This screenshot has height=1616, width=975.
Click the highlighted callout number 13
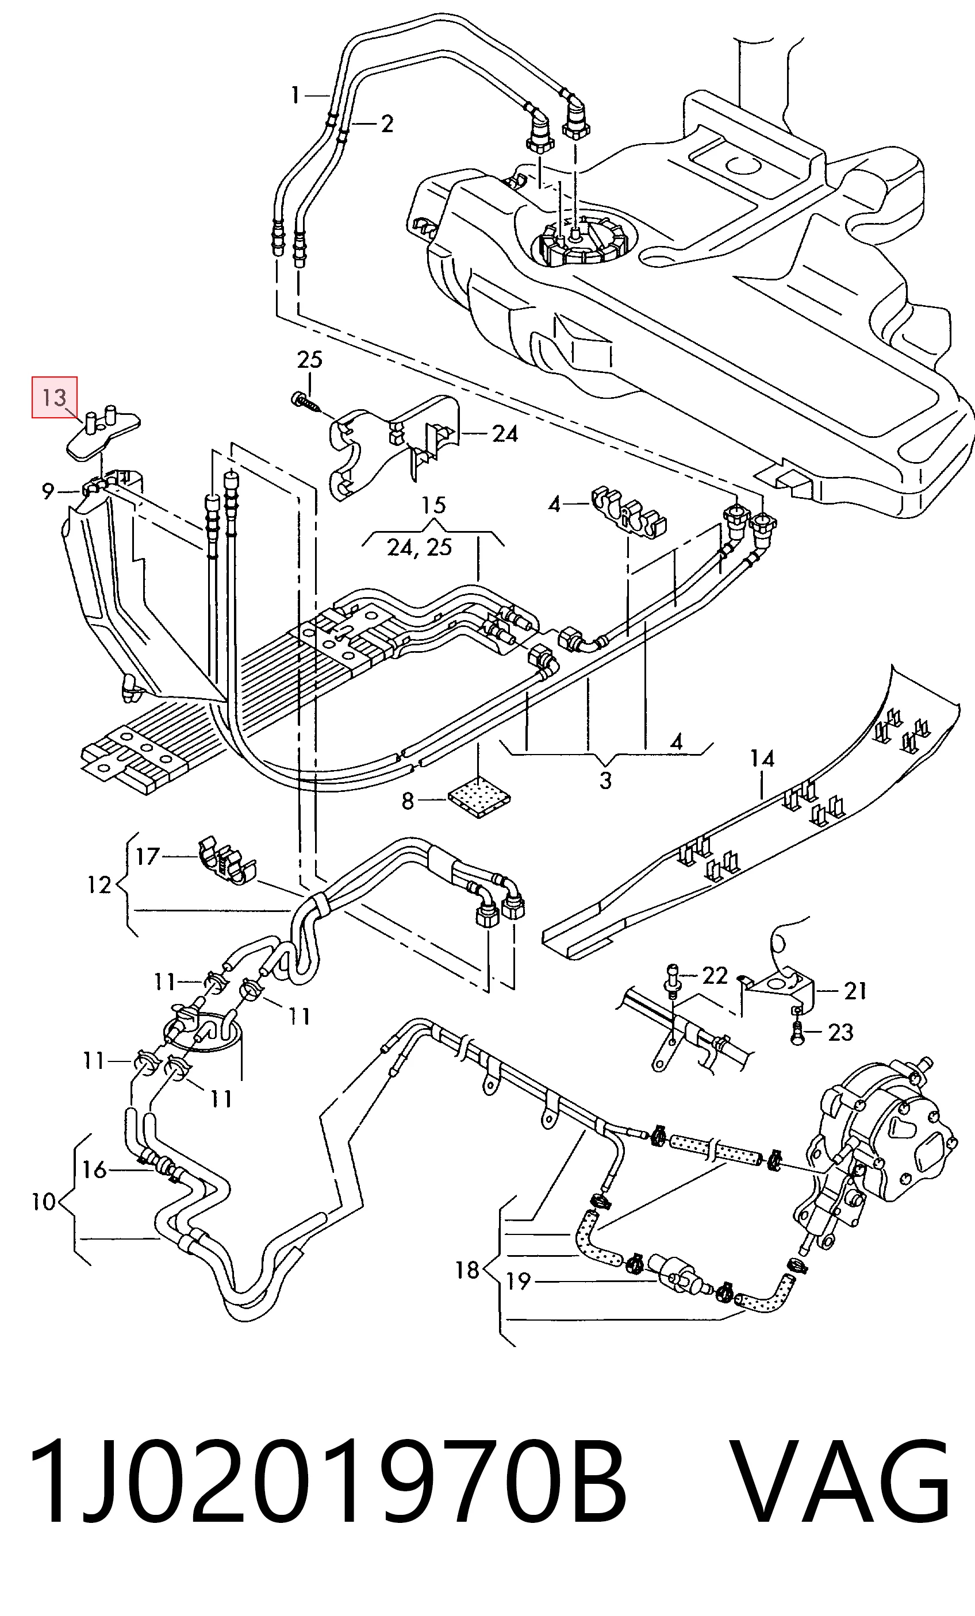pos(55,398)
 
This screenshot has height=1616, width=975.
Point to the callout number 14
pos(762,759)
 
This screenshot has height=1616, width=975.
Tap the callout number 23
pos(840,1033)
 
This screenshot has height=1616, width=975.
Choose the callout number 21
pos(854,991)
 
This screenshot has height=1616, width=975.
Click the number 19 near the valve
pos(519,1281)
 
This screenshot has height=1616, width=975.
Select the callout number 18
pos(467,1271)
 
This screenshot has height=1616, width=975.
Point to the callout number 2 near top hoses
pos(386,124)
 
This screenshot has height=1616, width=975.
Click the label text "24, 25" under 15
pos(419,547)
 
